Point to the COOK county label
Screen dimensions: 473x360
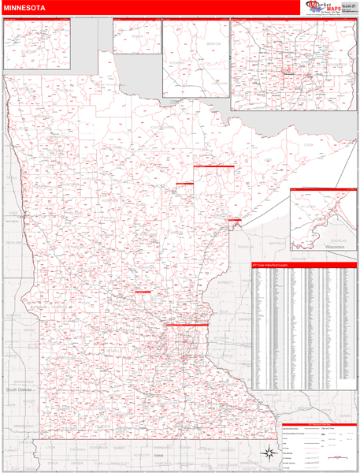point(308,144)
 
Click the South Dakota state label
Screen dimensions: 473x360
point(19,389)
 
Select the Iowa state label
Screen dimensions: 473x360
point(160,455)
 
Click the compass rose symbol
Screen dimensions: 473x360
point(269,453)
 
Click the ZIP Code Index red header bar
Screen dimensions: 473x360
point(303,265)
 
